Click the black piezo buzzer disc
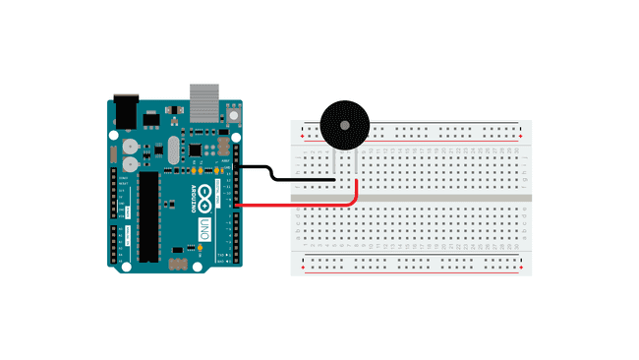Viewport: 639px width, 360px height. pyautogui.click(x=344, y=124)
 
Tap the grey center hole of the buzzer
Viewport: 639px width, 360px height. pyautogui.click(x=344, y=124)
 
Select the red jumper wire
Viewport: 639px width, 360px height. pyautogui.click(x=295, y=205)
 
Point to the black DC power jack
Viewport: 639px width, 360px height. pyautogui.click(x=125, y=110)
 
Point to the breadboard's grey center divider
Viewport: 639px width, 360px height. pyautogui.click(x=413, y=198)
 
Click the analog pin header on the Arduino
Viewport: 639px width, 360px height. pyautogui.click(x=114, y=241)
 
